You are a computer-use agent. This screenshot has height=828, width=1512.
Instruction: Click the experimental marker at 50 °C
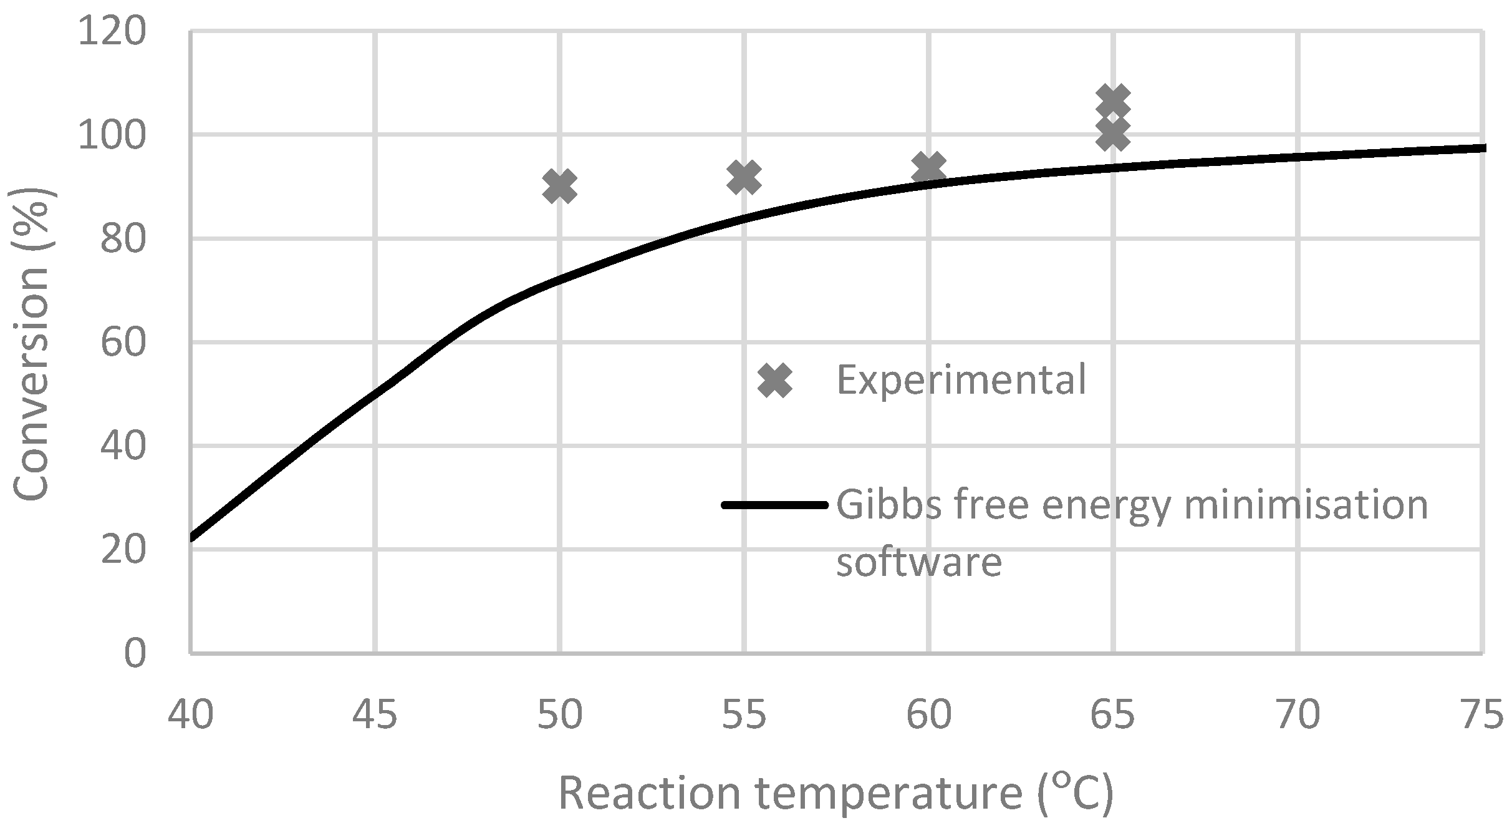click(559, 186)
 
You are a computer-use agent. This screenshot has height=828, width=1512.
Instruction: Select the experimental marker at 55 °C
click(744, 177)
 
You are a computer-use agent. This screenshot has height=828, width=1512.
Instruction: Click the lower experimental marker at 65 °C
click(1113, 134)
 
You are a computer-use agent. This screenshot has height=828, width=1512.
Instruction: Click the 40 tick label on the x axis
click(191, 715)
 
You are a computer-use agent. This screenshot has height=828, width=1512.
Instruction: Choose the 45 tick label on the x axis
click(375, 715)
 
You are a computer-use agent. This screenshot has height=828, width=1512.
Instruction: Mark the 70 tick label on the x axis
click(1298, 715)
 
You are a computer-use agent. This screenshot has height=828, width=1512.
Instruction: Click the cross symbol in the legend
click(775, 380)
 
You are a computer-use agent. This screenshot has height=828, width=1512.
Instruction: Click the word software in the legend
click(918, 562)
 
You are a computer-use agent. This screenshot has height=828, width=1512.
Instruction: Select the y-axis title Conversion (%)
click(31, 343)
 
